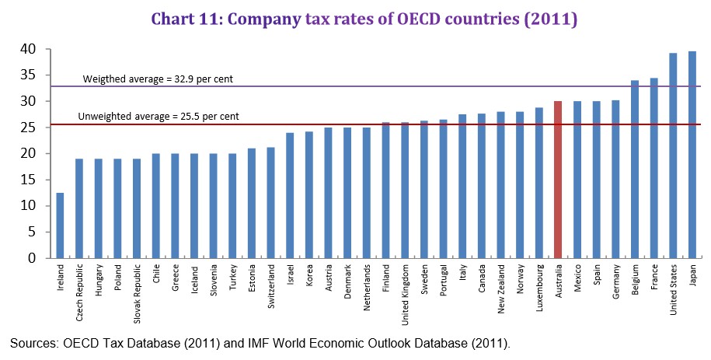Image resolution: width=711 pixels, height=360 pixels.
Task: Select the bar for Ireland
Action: coord(60,225)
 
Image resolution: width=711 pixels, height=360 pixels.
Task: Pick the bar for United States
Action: coord(673,155)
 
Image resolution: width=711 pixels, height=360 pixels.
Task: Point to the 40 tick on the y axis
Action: coord(28,49)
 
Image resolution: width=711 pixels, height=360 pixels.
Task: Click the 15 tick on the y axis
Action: coord(28,180)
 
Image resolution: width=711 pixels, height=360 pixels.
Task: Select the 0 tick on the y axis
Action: coord(32,258)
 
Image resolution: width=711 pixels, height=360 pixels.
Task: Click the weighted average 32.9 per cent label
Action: coord(158,79)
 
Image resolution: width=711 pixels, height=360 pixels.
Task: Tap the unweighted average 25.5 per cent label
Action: coord(159,117)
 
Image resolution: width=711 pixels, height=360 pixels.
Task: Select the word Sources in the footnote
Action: coord(32,342)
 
